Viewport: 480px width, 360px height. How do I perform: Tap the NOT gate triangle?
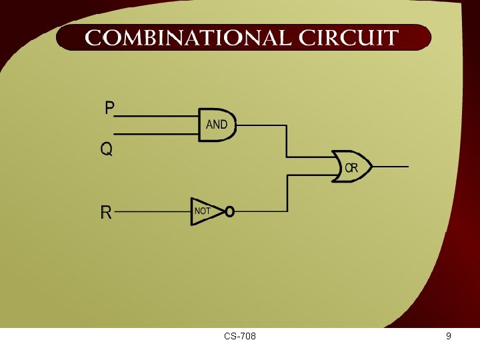[x=205, y=211]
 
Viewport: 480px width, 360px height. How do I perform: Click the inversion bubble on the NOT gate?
[x=229, y=212]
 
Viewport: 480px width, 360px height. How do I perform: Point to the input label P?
[x=110, y=108]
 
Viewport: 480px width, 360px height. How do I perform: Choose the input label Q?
[x=107, y=149]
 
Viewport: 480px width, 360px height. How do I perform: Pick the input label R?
[x=106, y=213]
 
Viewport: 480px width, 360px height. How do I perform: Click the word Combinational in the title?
[x=188, y=38]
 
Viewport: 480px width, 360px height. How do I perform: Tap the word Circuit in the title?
[x=349, y=38]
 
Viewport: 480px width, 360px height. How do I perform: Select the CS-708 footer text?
[x=240, y=337]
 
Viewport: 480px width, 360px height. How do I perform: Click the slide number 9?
[x=449, y=336]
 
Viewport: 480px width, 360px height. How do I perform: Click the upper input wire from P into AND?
[x=157, y=115]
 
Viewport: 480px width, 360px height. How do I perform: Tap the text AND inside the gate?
[x=217, y=125]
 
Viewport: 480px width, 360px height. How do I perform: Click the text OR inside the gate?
[x=351, y=169]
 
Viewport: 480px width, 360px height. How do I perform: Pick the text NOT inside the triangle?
[x=202, y=211]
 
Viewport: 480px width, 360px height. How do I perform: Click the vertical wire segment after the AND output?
[x=287, y=141]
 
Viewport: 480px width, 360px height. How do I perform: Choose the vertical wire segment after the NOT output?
[x=287, y=193]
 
